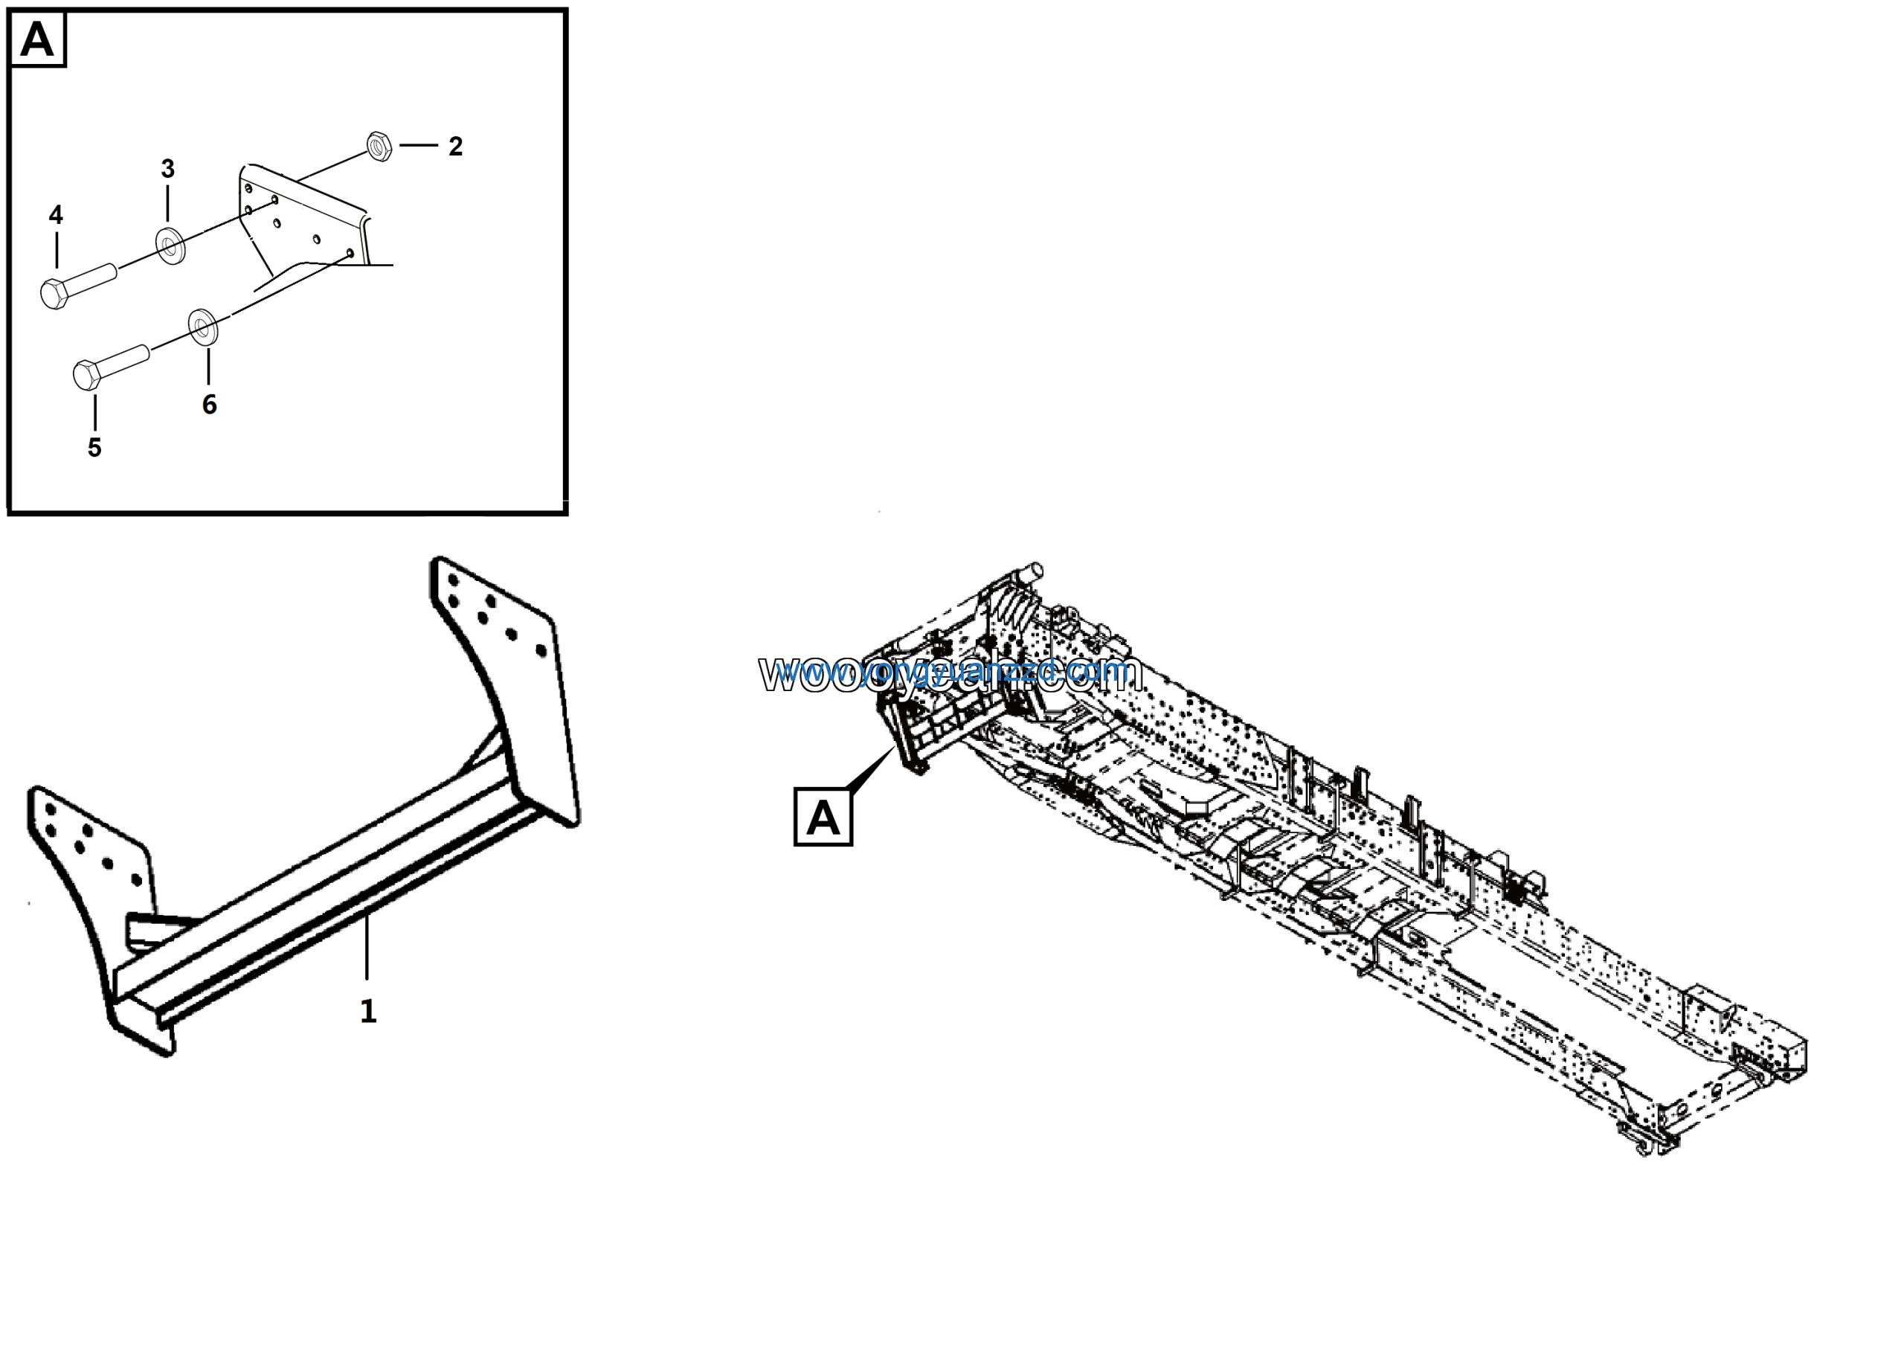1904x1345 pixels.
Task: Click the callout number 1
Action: pyautogui.click(x=368, y=1011)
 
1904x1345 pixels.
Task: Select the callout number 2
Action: pyautogui.click(x=455, y=147)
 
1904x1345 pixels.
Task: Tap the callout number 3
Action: pyautogui.click(x=167, y=169)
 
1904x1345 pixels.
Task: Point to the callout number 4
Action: pyautogui.click(x=56, y=216)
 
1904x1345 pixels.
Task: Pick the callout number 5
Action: pyautogui.click(x=94, y=448)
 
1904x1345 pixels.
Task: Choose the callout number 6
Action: pyautogui.click(x=209, y=405)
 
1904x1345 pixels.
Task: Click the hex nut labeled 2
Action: pyautogui.click(x=379, y=146)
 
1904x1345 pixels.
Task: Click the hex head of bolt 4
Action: pyautogui.click(x=54, y=294)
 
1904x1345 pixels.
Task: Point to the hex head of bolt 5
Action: pyautogui.click(x=87, y=374)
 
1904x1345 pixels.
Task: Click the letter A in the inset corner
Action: pyautogui.click(x=37, y=39)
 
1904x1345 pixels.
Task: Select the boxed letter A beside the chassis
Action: pyautogui.click(x=823, y=818)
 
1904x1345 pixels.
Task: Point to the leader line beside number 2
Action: pyautogui.click(x=419, y=145)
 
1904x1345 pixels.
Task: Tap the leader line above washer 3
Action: pyautogui.click(x=167, y=203)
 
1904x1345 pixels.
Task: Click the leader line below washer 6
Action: pyautogui.click(x=208, y=366)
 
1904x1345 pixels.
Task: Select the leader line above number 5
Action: pyautogui.click(x=94, y=412)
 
